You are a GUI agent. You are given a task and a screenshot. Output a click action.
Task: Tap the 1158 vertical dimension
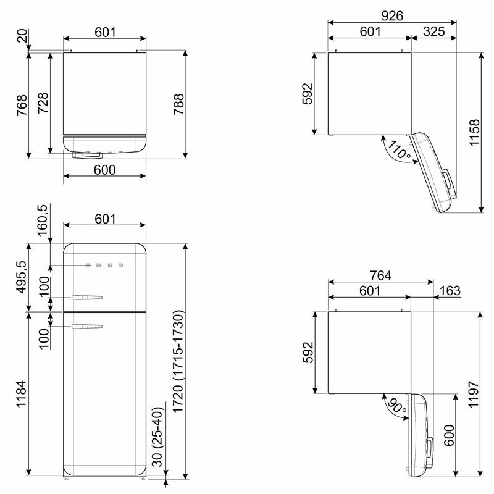click(474, 132)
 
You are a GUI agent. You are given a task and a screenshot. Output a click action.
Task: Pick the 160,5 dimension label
click(41, 221)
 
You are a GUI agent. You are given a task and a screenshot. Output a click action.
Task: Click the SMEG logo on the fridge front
click(104, 266)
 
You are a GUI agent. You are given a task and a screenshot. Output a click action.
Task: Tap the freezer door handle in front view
click(86, 298)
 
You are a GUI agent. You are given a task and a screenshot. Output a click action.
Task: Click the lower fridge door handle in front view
click(86, 325)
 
